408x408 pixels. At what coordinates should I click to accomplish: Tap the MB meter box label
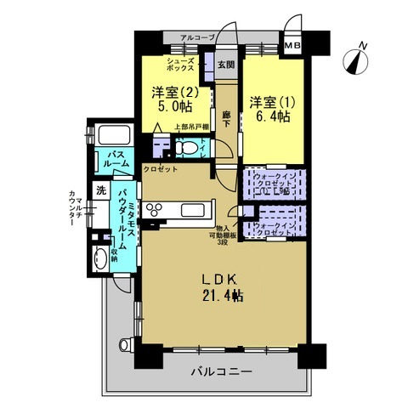(292, 45)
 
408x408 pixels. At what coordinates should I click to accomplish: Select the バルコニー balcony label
(220, 371)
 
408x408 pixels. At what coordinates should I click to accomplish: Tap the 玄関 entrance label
(224, 64)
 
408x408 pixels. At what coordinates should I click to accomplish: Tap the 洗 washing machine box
(100, 190)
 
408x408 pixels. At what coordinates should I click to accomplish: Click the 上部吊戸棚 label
(190, 127)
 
